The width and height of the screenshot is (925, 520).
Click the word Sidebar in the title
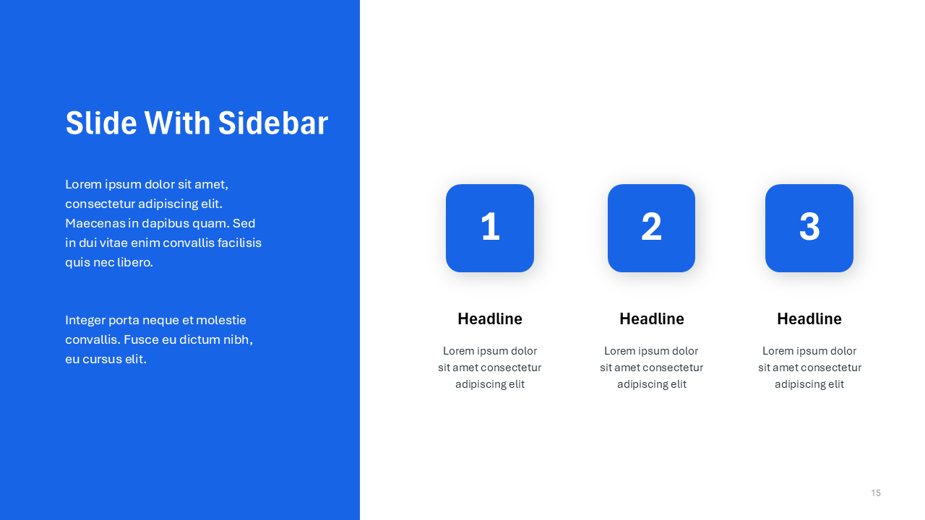tap(273, 123)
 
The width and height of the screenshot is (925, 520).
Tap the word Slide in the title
tap(101, 123)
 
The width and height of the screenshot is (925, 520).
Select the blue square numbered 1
tap(490, 228)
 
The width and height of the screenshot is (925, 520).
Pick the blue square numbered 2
tap(651, 228)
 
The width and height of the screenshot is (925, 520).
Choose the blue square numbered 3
tap(809, 228)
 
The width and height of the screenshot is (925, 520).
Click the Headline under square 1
tap(490, 318)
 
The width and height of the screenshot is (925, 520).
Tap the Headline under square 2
tap(652, 318)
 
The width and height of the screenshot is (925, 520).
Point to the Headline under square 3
tap(809, 318)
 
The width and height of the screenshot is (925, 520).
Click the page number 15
tap(876, 493)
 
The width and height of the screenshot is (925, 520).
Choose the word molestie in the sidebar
tap(221, 320)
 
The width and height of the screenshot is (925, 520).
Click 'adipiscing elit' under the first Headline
tap(490, 384)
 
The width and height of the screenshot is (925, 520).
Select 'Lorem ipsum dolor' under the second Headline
tap(651, 351)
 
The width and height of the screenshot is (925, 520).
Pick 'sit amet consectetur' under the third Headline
tap(809, 368)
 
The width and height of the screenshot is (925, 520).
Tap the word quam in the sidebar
tap(216, 223)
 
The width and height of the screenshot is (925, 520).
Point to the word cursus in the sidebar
tap(102, 359)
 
